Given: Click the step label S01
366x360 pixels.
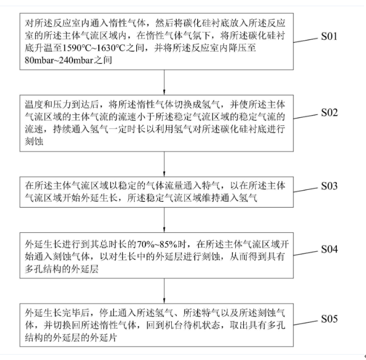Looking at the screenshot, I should (333, 37).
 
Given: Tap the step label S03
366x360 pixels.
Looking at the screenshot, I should (333, 186).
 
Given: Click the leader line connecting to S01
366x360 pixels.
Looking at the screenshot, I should (307, 44).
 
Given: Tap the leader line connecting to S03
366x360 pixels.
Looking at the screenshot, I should (307, 190).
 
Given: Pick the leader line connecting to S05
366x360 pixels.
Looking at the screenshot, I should (307, 322).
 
